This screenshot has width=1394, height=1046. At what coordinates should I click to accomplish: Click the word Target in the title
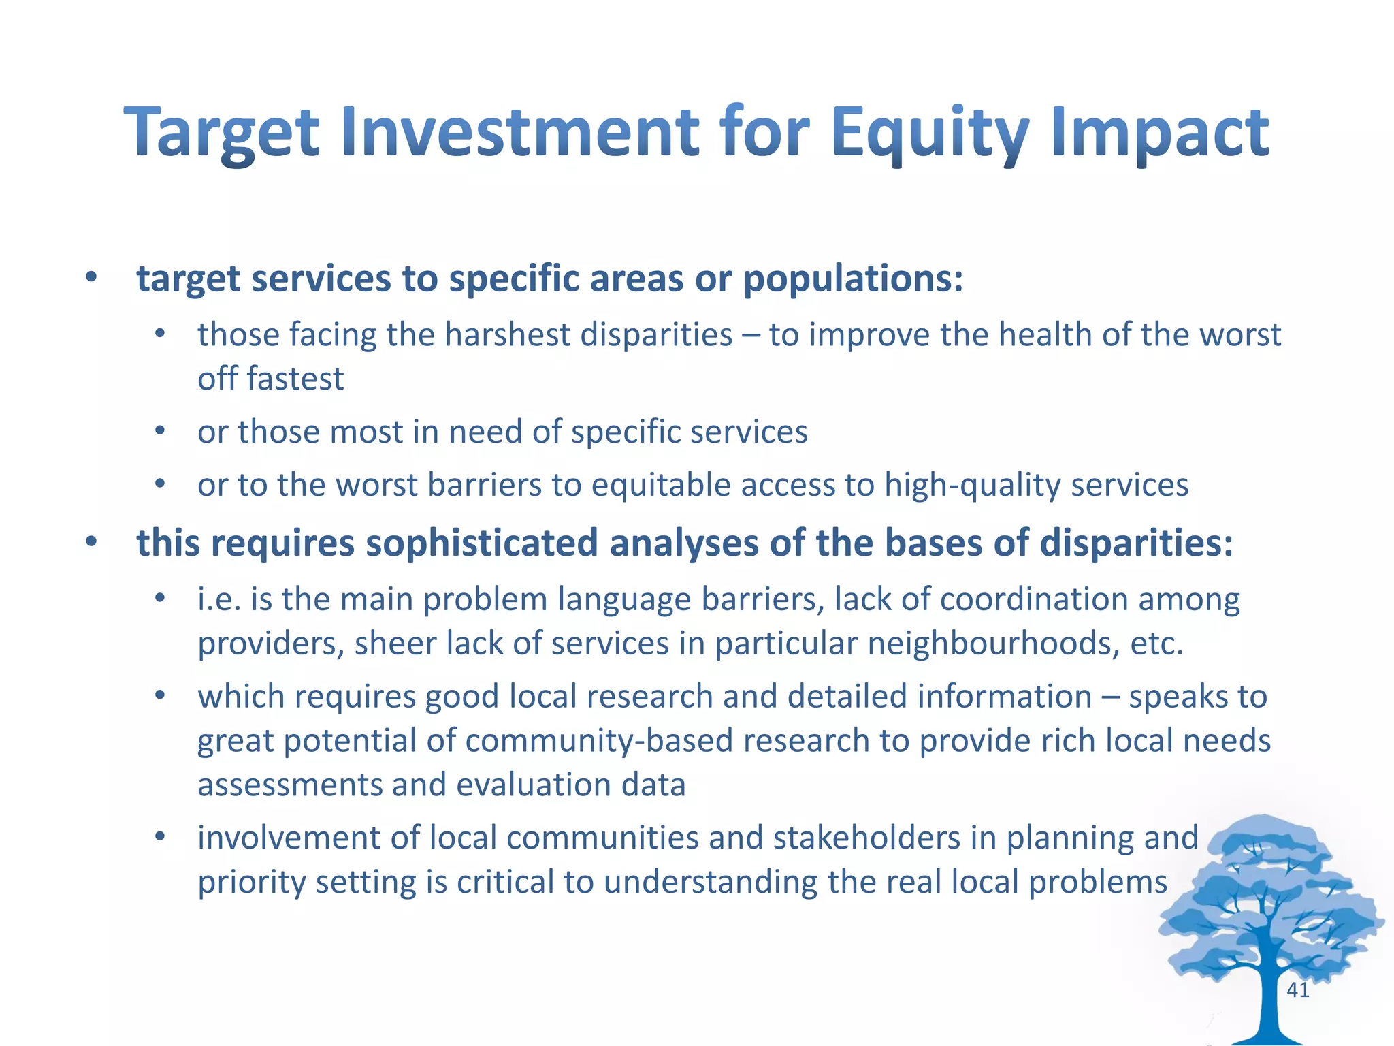(x=222, y=132)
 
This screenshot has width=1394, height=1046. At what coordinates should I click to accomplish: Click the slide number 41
(x=1298, y=990)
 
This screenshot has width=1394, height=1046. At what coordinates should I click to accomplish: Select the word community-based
(x=599, y=741)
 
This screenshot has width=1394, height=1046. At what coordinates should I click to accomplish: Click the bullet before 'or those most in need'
(x=160, y=431)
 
